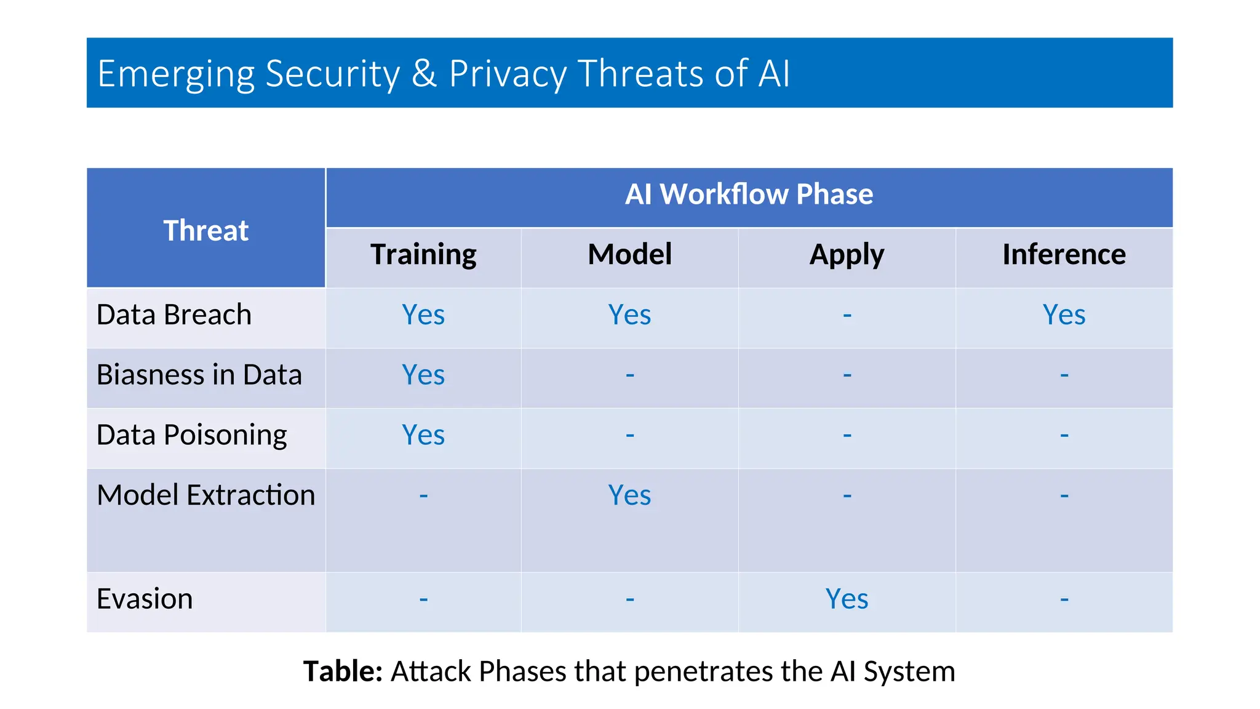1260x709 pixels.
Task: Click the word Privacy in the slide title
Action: click(x=507, y=74)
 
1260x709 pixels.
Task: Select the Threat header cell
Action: click(x=205, y=231)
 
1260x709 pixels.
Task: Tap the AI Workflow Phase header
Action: click(x=749, y=194)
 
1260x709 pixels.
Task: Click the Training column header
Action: click(x=423, y=255)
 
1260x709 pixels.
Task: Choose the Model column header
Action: click(x=629, y=255)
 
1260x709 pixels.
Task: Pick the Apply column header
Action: click(x=847, y=255)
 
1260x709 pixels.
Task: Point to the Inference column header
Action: click(x=1064, y=255)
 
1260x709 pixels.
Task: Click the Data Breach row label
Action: click(x=174, y=315)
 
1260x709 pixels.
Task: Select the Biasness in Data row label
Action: click(x=199, y=375)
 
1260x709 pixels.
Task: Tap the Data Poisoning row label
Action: click(x=191, y=435)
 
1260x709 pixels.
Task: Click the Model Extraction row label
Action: click(x=205, y=495)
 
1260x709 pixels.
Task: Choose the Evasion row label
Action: click(x=145, y=599)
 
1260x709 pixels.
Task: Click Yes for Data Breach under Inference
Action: click(x=1064, y=315)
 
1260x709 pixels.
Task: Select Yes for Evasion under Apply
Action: click(x=847, y=599)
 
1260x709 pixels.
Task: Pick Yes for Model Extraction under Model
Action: click(x=629, y=495)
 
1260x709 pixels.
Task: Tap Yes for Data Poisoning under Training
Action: click(x=423, y=435)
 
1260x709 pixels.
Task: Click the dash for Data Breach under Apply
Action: click(x=847, y=316)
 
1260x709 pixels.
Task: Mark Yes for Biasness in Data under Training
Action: click(x=423, y=375)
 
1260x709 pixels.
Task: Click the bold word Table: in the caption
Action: click(x=343, y=671)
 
